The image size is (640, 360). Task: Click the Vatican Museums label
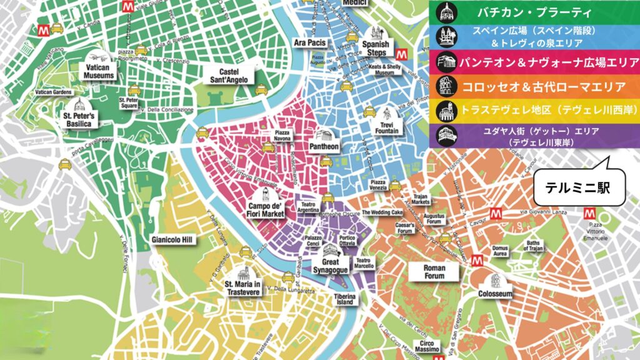click(99, 71)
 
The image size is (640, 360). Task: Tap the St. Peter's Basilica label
click(77, 120)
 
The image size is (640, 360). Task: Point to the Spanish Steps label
click(376, 48)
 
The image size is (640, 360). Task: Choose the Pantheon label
click(324, 147)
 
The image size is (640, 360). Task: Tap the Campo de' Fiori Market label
click(266, 210)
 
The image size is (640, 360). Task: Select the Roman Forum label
click(434, 271)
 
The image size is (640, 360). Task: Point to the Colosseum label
click(495, 293)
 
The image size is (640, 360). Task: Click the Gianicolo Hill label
click(172, 239)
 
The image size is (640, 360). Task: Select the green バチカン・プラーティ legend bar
click(534, 12)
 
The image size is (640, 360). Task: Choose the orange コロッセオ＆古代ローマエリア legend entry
click(534, 85)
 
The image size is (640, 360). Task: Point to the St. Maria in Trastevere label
click(242, 288)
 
